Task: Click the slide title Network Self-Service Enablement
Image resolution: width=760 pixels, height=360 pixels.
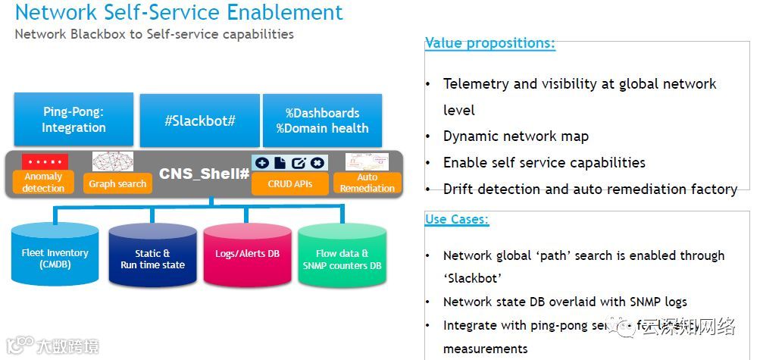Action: tap(179, 13)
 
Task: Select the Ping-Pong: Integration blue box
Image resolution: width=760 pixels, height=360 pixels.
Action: tap(73, 120)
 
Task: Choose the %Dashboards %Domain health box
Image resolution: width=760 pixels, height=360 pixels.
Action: tap(322, 120)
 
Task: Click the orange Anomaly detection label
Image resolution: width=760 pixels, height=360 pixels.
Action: tap(43, 183)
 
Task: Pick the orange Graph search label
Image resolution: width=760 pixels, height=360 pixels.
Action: tap(117, 183)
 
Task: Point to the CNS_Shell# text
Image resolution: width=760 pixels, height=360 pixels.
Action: tap(204, 174)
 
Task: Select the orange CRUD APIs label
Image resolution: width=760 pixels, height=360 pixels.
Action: tap(289, 183)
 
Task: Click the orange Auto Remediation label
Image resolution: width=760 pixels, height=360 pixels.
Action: tap(367, 183)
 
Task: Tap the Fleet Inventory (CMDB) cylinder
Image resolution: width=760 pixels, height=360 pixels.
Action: tap(56, 258)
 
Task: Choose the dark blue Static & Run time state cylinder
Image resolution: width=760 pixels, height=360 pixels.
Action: tap(152, 258)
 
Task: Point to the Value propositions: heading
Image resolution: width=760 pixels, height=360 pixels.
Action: tap(490, 43)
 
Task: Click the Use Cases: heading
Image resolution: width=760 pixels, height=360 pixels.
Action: tap(457, 220)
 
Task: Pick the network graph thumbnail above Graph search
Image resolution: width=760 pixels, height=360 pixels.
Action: tap(113, 161)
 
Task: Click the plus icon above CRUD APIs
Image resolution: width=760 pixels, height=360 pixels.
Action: tap(261, 162)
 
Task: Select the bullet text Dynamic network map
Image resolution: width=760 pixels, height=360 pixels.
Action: tap(515, 136)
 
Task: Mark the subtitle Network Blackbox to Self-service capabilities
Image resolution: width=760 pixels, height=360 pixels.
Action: tap(154, 34)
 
